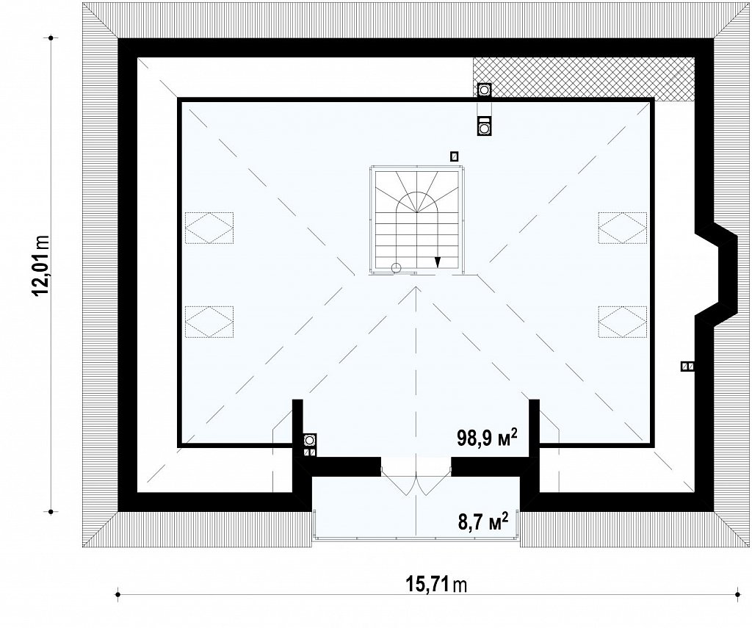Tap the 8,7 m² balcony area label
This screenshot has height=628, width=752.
click(483, 521)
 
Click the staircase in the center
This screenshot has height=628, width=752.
click(416, 220)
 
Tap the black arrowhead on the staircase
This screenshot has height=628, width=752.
click(438, 261)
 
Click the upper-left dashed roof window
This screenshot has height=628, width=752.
click(209, 228)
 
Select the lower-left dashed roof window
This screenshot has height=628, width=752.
click(209, 322)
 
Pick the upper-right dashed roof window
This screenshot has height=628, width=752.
click(623, 228)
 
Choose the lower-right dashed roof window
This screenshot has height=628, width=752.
click(623, 322)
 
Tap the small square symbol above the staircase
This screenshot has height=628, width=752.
click(454, 156)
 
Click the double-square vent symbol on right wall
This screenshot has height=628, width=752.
click(687, 367)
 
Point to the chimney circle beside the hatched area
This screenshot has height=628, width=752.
click(485, 89)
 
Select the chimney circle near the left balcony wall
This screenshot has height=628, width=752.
click(310, 439)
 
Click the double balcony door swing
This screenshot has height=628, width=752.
click(416, 480)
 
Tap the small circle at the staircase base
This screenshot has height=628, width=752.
click(396, 267)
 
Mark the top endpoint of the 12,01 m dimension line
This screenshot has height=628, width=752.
click(51, 37)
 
